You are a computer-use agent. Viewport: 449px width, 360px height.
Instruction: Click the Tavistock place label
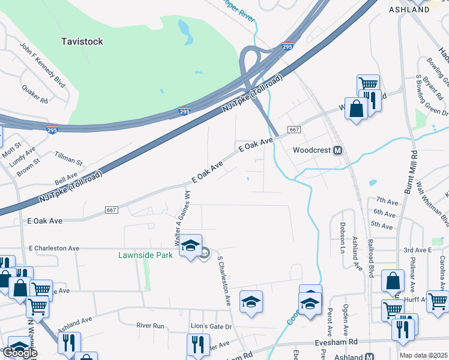[x=82, y=41]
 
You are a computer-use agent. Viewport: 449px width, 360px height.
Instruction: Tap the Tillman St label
[x=68, y=159]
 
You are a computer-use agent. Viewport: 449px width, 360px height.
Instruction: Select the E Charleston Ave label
[x=53, y=248]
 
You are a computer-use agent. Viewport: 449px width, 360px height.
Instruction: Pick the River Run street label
[x=150, y=325]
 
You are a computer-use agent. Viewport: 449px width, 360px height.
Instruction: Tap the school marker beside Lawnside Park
[x=191, y=246]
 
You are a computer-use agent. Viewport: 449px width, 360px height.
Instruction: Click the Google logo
[x=19, y=353]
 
